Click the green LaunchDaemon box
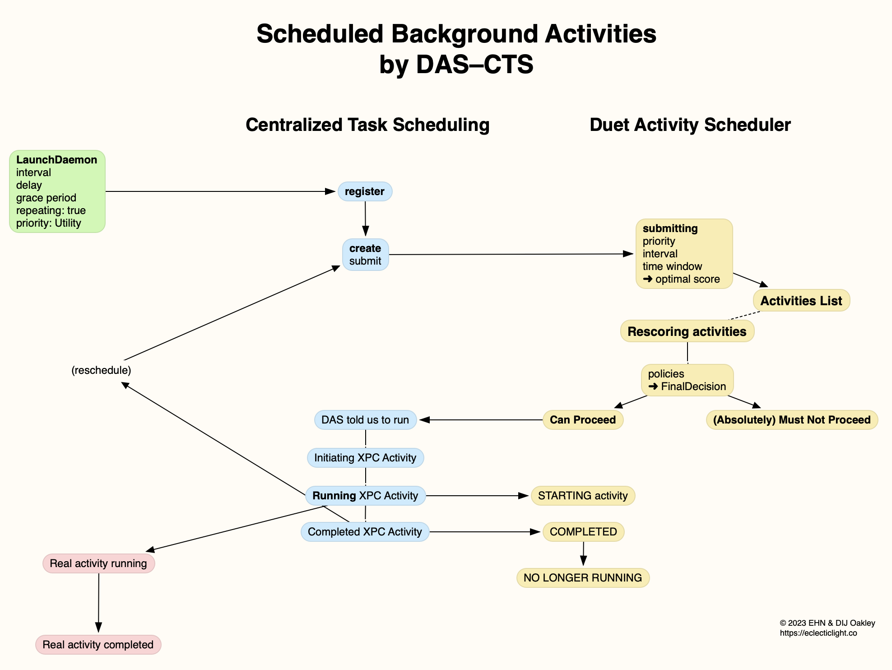point(57,191)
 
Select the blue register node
point(365,191)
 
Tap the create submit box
point(365,255)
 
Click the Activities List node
point(801,301)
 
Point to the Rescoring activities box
point(687,331)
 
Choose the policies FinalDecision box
point(687,380)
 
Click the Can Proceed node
point(582,420)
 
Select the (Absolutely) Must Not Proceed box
point(791,420)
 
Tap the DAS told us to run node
point(365,420)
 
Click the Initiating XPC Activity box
point(365,458)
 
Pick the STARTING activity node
point(582,496)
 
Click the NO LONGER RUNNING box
point(582,578)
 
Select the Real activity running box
point(98,563)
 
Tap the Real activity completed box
point(98,645)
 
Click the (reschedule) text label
point(101,370)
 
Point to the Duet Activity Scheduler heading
point(690,125)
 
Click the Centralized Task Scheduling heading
point(367,125)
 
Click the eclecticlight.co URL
point(818,633)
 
